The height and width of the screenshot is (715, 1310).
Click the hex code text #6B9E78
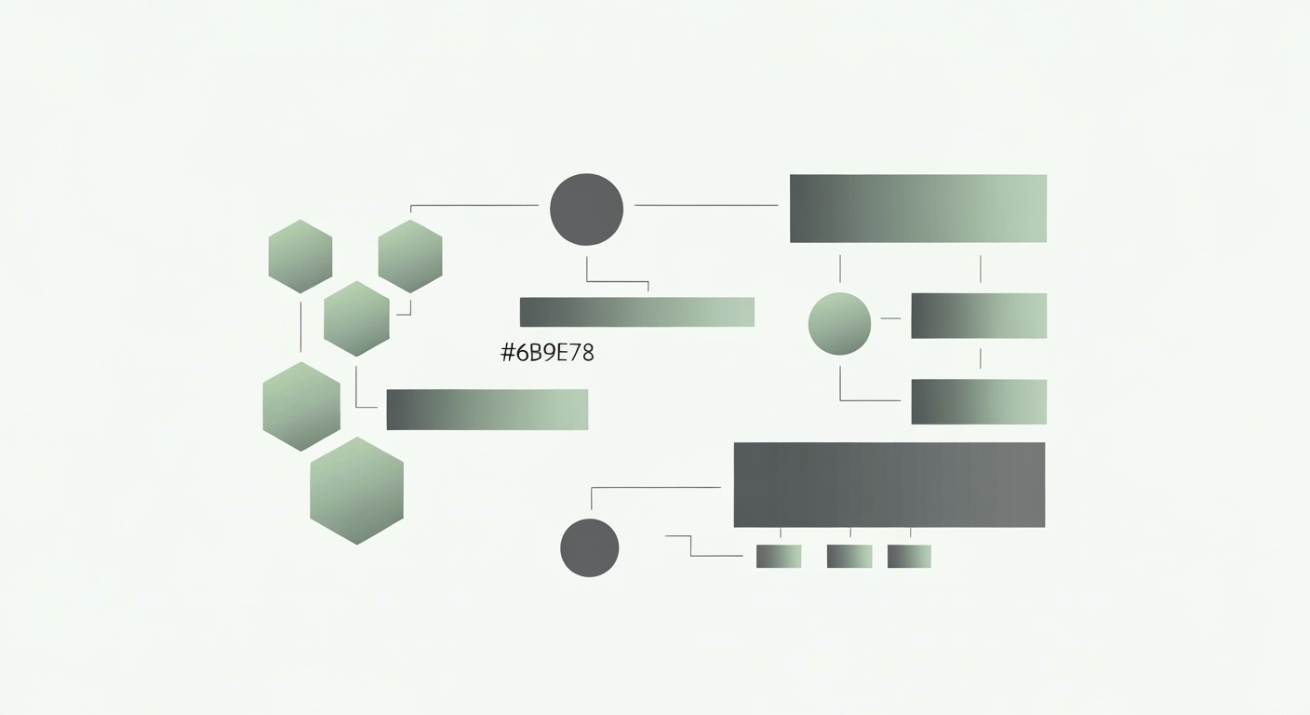547,353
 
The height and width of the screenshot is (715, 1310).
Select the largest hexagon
356,491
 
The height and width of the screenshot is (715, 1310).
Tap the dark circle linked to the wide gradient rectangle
586,209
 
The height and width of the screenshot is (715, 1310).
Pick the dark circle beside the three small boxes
589,547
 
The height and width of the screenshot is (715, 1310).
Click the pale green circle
839,323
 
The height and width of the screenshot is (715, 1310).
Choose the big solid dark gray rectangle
889,484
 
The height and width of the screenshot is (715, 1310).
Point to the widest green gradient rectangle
917,209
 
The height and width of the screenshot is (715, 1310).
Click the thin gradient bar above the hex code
636,312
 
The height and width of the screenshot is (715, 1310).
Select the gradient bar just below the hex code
487,410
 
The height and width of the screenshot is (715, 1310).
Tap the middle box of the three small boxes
849,556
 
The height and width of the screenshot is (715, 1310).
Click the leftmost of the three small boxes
779,556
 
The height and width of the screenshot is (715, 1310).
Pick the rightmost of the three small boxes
909,556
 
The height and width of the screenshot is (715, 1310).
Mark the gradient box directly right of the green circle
978,316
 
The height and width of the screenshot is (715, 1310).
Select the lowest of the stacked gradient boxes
978,401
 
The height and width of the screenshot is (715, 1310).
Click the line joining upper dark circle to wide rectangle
705,205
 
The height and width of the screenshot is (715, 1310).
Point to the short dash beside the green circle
890,318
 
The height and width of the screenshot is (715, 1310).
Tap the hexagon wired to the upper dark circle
410,256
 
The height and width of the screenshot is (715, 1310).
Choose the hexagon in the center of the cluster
356,318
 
